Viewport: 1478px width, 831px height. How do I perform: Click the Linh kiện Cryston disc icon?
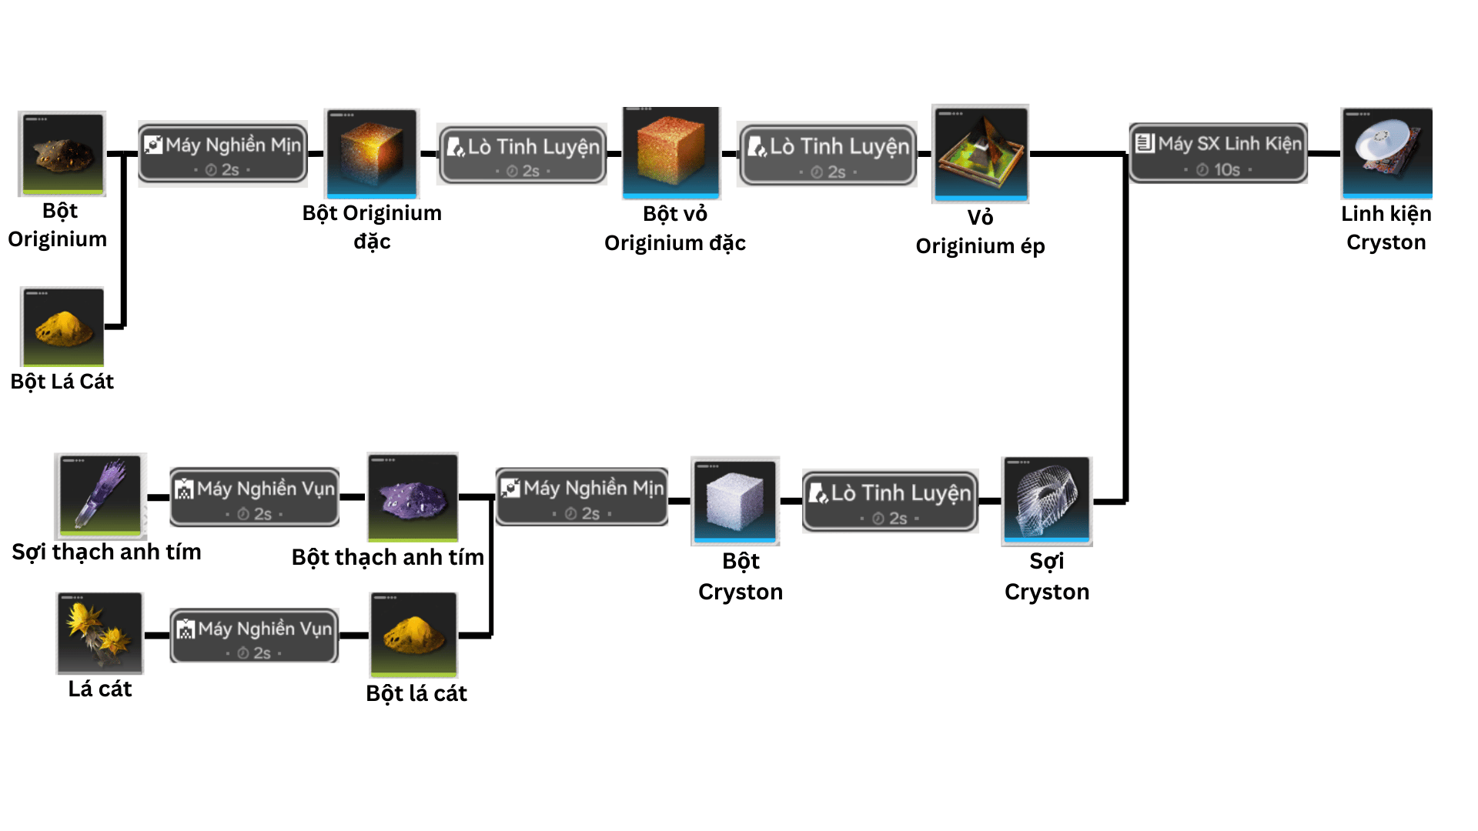click(1386, 152)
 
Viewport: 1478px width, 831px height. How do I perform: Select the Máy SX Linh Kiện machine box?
click(1218, 153)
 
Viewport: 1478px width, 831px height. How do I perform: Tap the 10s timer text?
click(1226, 170)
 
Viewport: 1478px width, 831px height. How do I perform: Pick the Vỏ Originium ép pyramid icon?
click(980, 153)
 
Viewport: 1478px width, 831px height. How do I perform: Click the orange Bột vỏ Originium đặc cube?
click(671, 152)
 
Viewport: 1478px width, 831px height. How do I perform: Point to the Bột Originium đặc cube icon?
click(372, 153)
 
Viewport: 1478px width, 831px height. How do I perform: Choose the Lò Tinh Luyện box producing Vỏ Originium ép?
click(828, 154)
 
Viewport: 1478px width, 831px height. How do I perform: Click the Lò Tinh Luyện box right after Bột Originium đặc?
click(523, 155)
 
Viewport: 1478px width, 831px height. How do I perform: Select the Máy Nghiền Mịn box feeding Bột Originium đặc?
click(222, 153)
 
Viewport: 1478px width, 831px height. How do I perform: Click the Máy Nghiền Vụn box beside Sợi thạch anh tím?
click(254, 497)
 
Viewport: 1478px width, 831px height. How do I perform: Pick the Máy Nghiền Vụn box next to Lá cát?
click(254, 636)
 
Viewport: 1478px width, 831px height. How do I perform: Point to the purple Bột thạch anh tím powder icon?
click(413, 497)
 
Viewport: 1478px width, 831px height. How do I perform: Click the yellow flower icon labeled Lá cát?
click(99, 632)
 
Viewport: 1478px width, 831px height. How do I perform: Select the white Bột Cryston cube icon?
click(735, 500)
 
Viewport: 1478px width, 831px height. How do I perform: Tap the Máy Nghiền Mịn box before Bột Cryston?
click(582, 497)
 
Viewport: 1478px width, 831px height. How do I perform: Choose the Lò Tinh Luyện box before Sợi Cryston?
click(890, 501)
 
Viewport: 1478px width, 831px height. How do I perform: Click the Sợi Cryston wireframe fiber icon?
click(1046, 501)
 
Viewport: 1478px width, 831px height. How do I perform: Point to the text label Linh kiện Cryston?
click(1386, 228)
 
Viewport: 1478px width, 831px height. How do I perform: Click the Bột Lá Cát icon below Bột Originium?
click(62, 327)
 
